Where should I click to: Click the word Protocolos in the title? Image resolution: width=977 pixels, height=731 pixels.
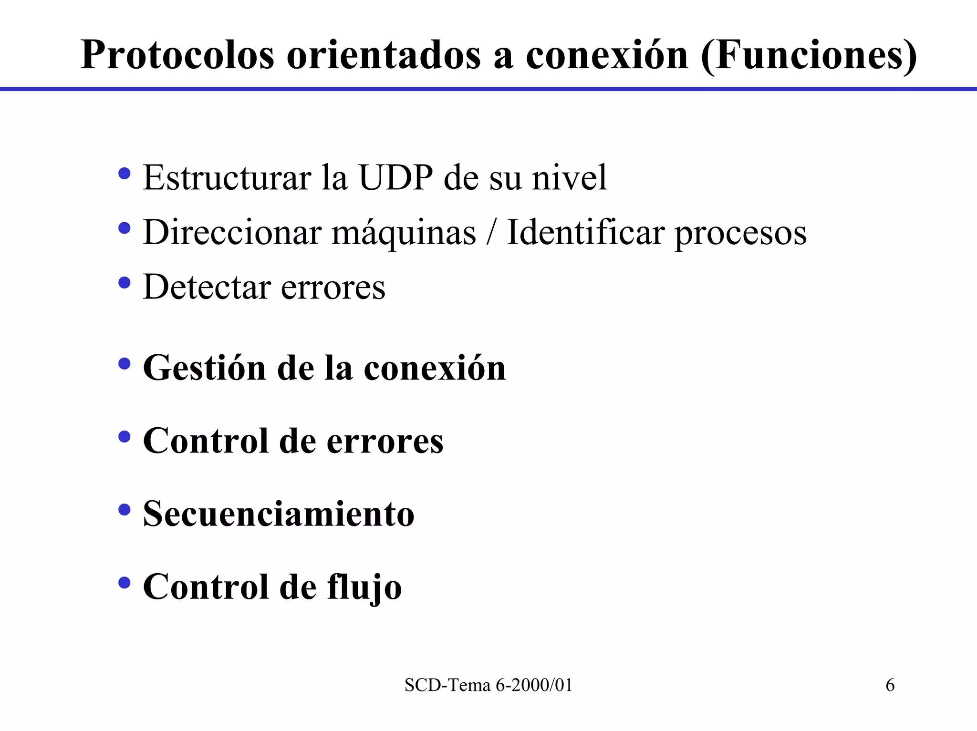pos(177,56)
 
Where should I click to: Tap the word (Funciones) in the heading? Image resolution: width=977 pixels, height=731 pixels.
pos(809,56)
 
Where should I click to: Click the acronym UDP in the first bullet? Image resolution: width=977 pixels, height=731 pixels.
pos(395,178)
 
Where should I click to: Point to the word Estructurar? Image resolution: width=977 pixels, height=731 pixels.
pos(227,178)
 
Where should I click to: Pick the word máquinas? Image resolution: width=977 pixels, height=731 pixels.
pos(404,233)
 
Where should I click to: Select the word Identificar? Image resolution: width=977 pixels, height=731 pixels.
pos(585,232)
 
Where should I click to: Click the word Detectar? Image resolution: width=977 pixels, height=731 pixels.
pos(207,287)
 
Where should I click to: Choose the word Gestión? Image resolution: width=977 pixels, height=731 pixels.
pos(204,369)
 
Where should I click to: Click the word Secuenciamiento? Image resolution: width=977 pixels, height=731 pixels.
pos(279,514)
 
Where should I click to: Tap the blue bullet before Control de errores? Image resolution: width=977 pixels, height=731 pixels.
pos(125,436)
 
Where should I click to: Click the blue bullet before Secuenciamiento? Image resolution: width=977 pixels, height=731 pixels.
pos(125,510)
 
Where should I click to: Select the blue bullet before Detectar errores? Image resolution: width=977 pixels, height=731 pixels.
pos(125,283)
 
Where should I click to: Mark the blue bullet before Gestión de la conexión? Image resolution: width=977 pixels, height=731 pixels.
pos(125,364)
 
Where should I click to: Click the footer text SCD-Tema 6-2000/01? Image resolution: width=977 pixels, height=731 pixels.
pos(488,685)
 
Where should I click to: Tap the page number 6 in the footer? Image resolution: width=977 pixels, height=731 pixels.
pos(890,685)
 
